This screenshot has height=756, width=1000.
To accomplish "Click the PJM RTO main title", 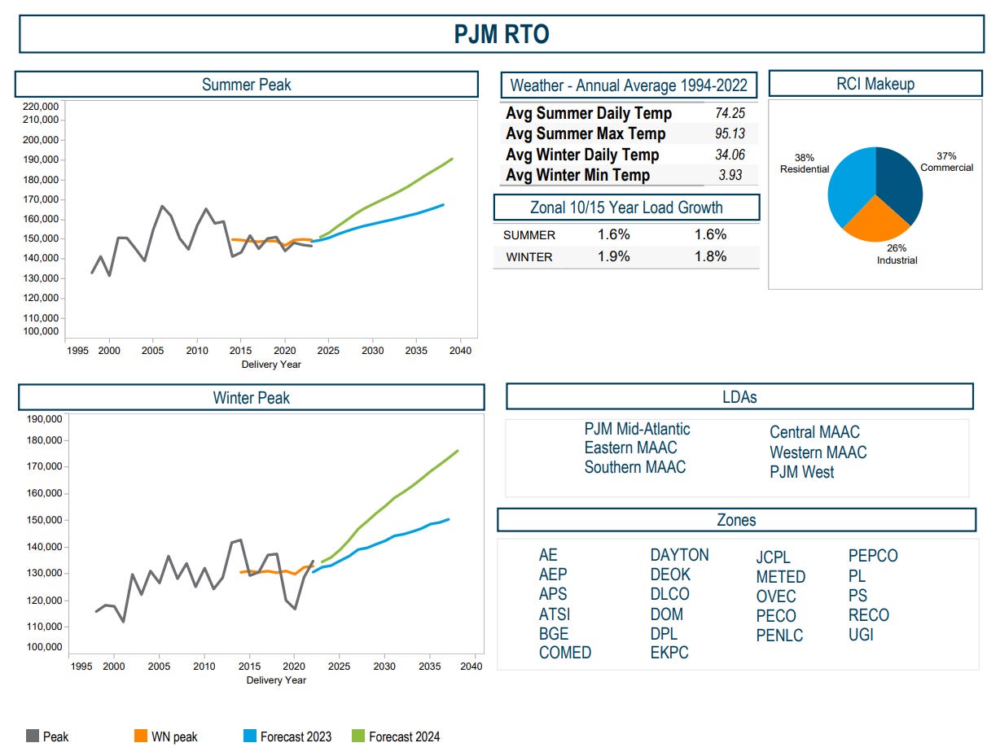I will (501, 34).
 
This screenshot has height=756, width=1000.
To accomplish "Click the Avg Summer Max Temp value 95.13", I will (730, 134).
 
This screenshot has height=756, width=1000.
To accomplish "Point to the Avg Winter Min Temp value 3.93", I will (730, 176).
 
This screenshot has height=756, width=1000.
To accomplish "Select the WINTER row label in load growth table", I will (529, 257).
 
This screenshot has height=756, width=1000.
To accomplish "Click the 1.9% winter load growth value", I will (613, 256).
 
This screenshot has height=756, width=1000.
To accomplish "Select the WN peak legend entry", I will (174, 736).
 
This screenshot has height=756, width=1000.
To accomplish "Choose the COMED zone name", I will (565, 653).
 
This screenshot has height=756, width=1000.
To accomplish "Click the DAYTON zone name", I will (679, 555).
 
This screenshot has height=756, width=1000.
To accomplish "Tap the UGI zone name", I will (861, 635).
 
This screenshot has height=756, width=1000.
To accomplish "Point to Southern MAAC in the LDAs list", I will (634, 467).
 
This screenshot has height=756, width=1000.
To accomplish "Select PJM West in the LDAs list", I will (801, 472).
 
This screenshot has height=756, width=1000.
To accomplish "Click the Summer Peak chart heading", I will (246, 85).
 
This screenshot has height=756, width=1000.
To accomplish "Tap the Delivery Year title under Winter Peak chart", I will (276, 680).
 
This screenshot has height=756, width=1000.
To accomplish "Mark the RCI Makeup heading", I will (875, 84).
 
